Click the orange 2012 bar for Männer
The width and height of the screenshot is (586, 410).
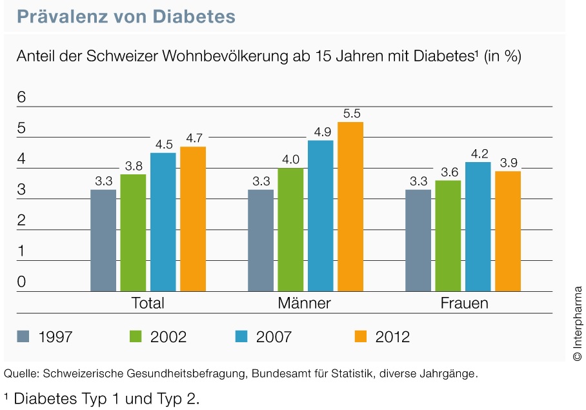coord(350,207)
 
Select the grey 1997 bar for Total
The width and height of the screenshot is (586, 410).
coord(103,240)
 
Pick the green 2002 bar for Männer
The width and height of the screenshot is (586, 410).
coord(290,229)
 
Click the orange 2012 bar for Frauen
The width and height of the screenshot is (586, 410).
coord(508,231)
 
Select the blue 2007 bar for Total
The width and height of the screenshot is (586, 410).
coord(163,221)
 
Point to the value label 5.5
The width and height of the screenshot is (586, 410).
coord(352,114)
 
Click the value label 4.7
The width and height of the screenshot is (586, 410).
coord(194,138)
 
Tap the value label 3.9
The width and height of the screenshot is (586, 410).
coord(509,163)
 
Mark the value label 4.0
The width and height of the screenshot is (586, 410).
coord(291,159)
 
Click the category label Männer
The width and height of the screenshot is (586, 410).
coord(305,303)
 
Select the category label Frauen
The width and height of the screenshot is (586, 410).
coord(464,303)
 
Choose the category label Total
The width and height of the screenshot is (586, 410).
coord(148,303)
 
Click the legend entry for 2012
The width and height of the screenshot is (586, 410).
coord(381,336)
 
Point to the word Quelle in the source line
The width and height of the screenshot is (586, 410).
coord(19,374)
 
